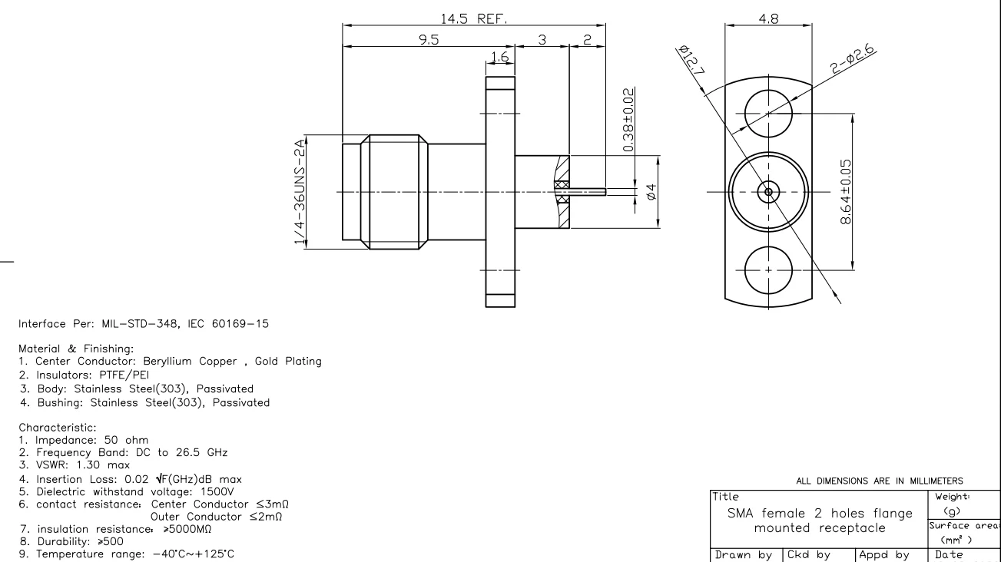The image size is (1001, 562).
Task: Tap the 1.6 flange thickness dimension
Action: coord(499,56)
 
